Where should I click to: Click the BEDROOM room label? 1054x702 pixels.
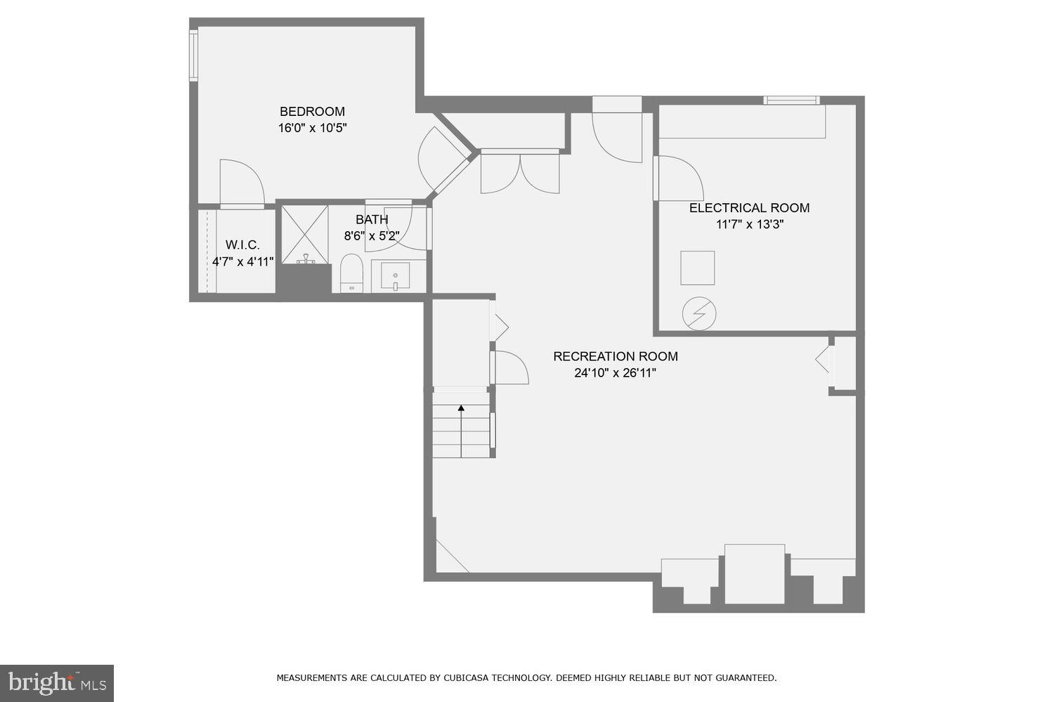tap(312, 111)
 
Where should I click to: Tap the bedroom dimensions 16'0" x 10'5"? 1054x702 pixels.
tap(312, 128)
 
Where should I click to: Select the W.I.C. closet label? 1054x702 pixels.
tap(242, 245)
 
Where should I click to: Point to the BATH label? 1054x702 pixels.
tap(372, 220)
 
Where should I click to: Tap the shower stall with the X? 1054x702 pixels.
tap(305, 235)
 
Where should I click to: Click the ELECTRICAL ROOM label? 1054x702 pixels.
tap(749, 208)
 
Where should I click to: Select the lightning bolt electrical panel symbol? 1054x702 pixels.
tap(699, 313)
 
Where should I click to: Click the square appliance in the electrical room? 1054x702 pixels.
tap(697, 268)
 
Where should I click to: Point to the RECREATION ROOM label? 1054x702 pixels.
tap(615, 356)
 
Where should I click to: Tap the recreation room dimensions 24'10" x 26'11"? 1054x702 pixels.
tap(615, 373)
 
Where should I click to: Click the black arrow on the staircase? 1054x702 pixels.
tap(462, 408)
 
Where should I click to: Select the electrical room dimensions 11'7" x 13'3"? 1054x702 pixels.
tap(749, 225)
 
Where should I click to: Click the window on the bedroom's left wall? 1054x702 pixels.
tap(193, 54)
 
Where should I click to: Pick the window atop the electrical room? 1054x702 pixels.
tap(792, 100)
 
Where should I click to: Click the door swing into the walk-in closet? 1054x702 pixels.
tap(241, 183)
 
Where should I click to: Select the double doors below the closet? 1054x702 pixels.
tap(520, 172)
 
